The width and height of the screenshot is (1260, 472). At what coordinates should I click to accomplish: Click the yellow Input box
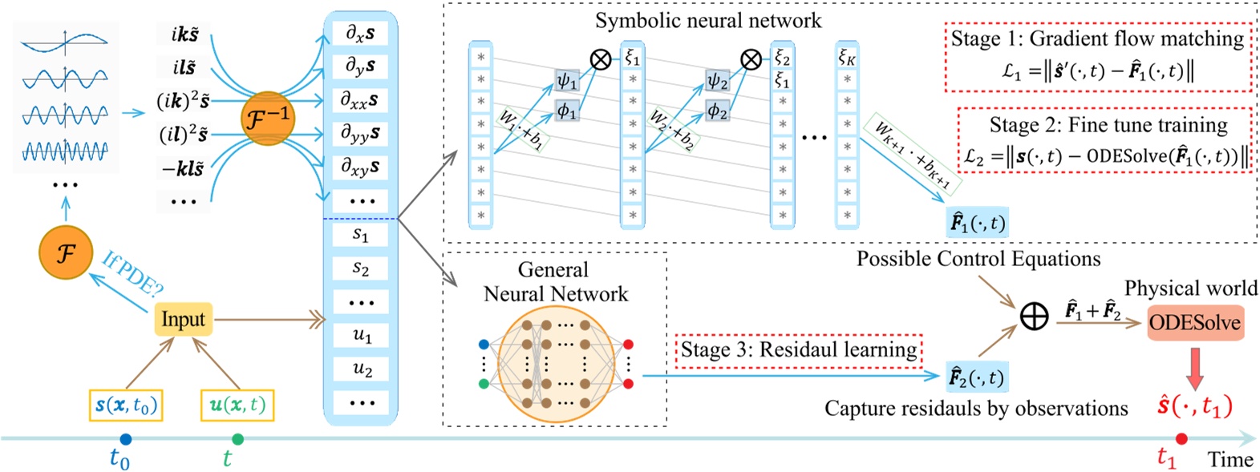183,319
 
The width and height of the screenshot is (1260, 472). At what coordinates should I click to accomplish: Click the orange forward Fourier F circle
66,253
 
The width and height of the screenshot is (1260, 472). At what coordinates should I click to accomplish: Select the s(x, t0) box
126,405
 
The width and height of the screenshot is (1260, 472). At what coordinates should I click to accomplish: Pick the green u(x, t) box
237,405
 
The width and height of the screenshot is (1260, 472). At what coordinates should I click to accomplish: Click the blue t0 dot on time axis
125,439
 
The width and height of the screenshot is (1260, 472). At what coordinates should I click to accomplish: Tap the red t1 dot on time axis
1181,439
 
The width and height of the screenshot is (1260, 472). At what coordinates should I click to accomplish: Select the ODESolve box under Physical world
1194,323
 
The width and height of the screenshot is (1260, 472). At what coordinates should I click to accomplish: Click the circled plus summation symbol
1033,317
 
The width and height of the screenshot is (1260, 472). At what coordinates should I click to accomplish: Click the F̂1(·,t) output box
976,223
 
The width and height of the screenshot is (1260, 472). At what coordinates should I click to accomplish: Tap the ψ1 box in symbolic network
566,80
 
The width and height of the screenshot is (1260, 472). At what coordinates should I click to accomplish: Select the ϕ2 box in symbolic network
716,111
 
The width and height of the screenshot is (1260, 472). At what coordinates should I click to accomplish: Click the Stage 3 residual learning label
799,350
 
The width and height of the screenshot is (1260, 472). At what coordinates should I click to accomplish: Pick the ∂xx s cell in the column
360,100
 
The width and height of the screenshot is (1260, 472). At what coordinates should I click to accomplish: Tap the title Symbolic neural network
707,20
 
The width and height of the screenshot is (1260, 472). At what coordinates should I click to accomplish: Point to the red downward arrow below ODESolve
1194,367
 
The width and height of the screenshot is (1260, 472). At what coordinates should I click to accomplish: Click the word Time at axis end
1230,459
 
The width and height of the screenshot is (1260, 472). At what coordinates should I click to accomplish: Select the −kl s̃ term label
183,168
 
